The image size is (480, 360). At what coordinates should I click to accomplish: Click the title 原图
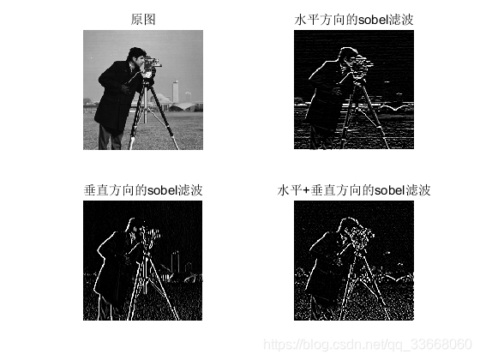point(143,20)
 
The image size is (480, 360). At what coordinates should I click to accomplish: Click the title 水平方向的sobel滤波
point(354,20)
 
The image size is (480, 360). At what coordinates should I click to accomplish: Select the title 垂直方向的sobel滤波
point(143,190)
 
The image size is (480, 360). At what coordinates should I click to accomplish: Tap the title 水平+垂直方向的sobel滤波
point(354,190)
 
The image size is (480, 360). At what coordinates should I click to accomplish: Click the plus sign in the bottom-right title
point(306,190)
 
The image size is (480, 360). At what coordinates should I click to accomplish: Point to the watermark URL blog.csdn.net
point(368,345)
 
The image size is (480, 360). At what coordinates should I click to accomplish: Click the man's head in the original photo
point(136,56)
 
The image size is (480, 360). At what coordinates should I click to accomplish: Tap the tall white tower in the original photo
point(176,91)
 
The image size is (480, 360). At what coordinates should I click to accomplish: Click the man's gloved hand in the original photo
point(125,88)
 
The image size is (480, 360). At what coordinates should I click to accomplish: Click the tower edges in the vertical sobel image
point(175,261)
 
